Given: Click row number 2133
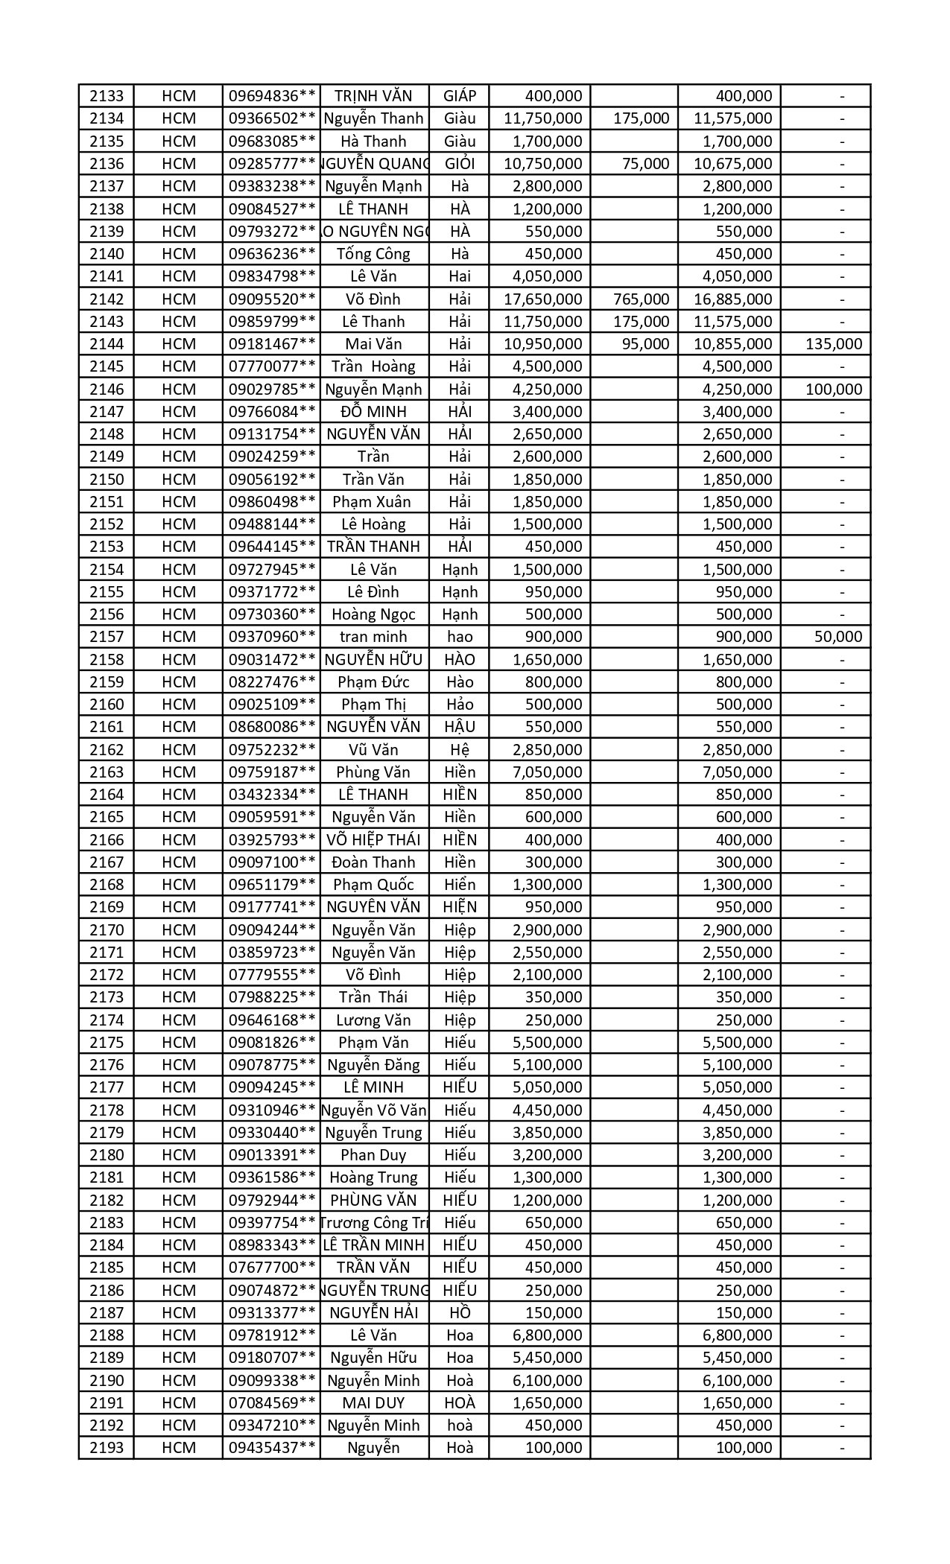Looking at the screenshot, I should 107,96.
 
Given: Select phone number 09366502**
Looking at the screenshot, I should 272,118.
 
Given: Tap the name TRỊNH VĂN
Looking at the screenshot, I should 373,96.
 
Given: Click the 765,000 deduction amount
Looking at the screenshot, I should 641,299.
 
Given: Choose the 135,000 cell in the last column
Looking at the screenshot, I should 834,344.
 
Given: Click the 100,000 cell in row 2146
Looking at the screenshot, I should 834,390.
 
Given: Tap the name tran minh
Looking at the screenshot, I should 373,637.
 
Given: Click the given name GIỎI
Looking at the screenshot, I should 460,164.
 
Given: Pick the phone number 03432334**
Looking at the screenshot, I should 272,795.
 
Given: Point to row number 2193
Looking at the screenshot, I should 107,1448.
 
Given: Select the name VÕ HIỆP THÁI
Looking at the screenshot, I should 373,840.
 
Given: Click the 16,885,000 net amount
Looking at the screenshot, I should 732,299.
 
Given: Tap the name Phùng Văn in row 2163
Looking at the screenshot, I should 373,772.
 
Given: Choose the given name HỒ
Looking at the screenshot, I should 460,1313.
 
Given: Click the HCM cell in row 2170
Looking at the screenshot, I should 179,930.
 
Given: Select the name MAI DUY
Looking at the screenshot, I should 373,1403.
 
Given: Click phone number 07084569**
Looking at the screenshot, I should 272,1403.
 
